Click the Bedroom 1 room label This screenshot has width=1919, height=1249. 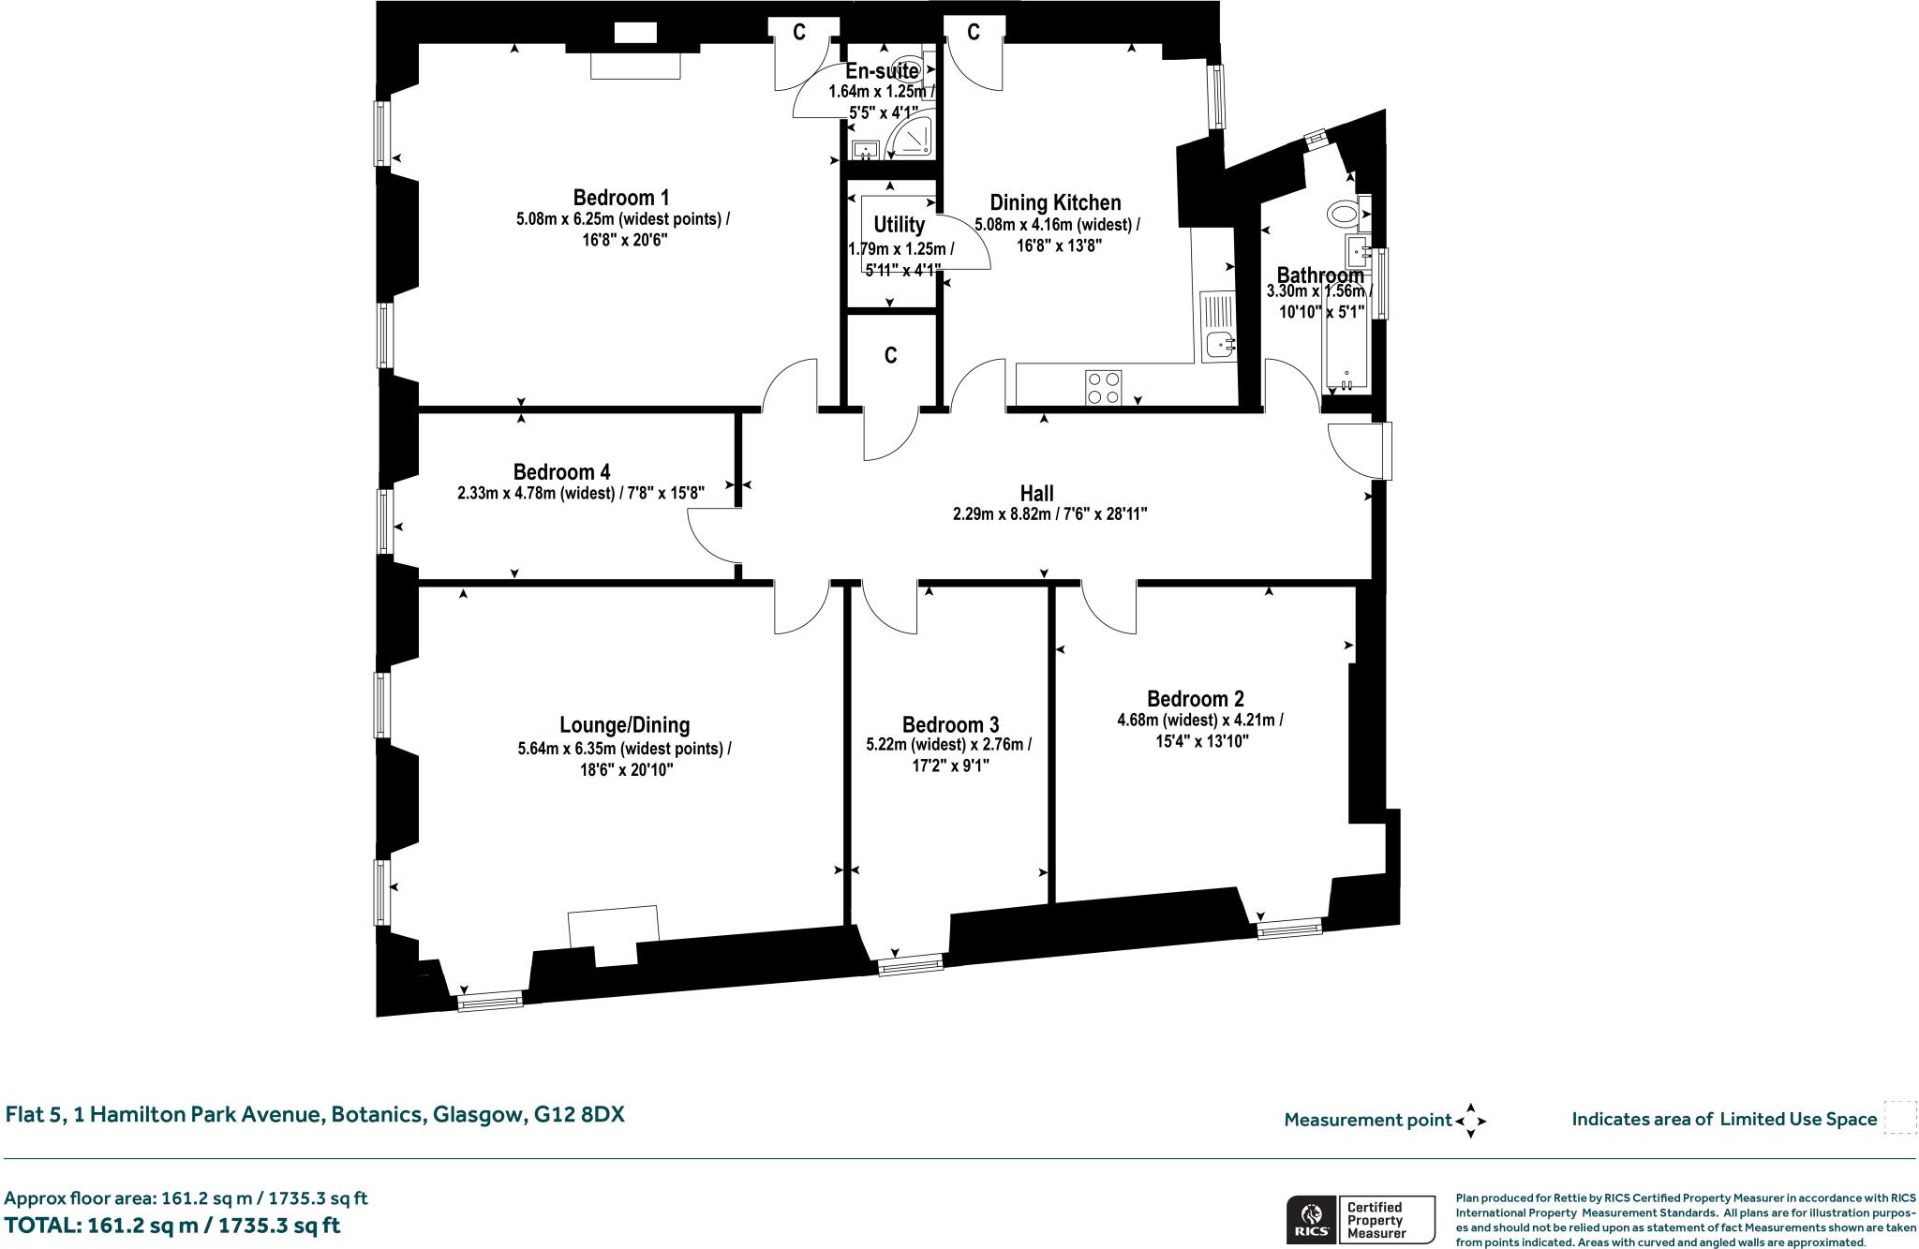621,198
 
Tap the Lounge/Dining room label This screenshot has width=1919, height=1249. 624,725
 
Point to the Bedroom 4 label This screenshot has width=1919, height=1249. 561,472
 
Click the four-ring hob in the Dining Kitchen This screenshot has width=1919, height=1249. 1103,388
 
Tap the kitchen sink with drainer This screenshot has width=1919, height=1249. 1218,327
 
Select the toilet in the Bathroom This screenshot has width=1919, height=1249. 1344,214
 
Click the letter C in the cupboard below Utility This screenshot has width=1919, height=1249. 891,356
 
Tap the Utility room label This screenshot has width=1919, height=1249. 899,225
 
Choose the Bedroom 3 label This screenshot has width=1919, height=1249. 950,725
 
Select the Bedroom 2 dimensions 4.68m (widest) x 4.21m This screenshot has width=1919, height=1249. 1199,721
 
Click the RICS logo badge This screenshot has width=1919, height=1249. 1312,1220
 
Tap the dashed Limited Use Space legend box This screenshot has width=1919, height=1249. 1899,1118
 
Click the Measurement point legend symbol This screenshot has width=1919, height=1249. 1470,1120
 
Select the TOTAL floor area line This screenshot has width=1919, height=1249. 172,1226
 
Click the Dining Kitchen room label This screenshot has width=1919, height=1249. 1055,203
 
